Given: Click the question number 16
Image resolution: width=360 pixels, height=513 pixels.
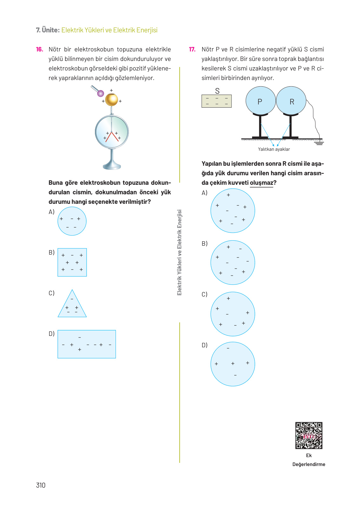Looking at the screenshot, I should pyautogui.click(x=39, y=49).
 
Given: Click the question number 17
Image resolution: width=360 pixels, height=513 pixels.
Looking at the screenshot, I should pyautogui.click(x=192, y=49).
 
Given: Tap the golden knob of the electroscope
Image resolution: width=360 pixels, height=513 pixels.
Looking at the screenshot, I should pyautogui.click(x=111, y=100).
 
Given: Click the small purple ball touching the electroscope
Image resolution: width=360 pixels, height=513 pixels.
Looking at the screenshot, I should pyautogui.click(x=100, y=93).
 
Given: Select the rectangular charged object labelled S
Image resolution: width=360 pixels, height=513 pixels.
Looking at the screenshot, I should pyautogui.click(x=217, y=101).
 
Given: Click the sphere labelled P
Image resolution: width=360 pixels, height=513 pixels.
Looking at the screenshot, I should pyautogui.click(x=261, y=101).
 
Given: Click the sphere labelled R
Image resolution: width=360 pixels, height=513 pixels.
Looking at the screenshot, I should pyautogui.click(x=291, y=101).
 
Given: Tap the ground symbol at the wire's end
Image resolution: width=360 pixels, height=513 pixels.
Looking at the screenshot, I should pyautogui.click(x=319, y=143).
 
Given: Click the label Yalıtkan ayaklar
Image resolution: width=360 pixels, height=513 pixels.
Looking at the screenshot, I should pyautogui.click(x=274, y=149).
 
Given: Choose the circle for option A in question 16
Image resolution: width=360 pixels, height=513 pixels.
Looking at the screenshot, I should pyautogui.click(x=72, y=221).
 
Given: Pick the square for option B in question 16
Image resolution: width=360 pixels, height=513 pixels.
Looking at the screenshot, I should pyautogui.click(x=72, y=262).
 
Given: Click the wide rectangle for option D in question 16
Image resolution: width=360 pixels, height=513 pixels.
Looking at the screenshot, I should pyautogui.click(x=87, y=344).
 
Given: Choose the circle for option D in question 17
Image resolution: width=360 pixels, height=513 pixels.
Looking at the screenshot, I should pyautogui.click(x=233, y=364).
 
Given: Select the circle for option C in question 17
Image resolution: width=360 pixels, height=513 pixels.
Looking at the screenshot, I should pyautogui.click(x=233, y=314).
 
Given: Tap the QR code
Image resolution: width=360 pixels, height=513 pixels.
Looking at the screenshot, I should pyautogui.click(x=309, y=436).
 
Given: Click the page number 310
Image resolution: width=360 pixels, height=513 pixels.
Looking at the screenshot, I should pyautogui.click(x=41, y=485).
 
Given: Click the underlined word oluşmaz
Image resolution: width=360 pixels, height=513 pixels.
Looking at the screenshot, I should pyautogui.click(x=261, y=183).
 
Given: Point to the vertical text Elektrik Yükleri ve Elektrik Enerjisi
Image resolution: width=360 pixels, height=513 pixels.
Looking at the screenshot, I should pyautogui.click(x=179, y=252).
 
